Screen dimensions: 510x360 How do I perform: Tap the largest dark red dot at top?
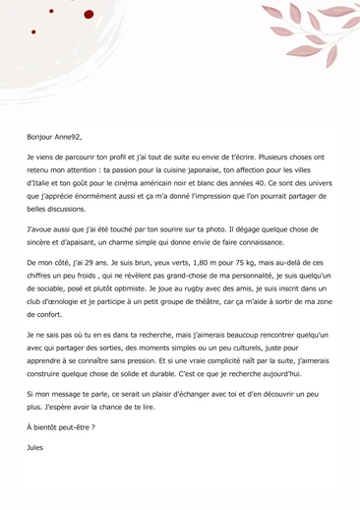point(90,15)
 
